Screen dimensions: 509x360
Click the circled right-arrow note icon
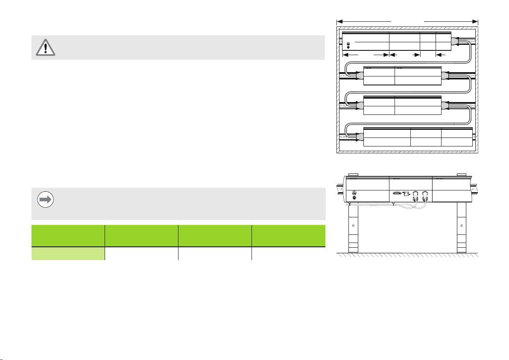(46, 200)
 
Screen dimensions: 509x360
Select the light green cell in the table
(68, 254)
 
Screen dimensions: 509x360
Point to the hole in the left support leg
(353, 225)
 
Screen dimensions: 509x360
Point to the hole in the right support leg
(461, 225)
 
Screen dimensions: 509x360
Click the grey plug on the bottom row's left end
(358, 137)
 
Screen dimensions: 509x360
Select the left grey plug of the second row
(358, 76)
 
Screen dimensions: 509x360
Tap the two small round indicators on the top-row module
(349, 45)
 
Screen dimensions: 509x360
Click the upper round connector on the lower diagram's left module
(354, 192)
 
